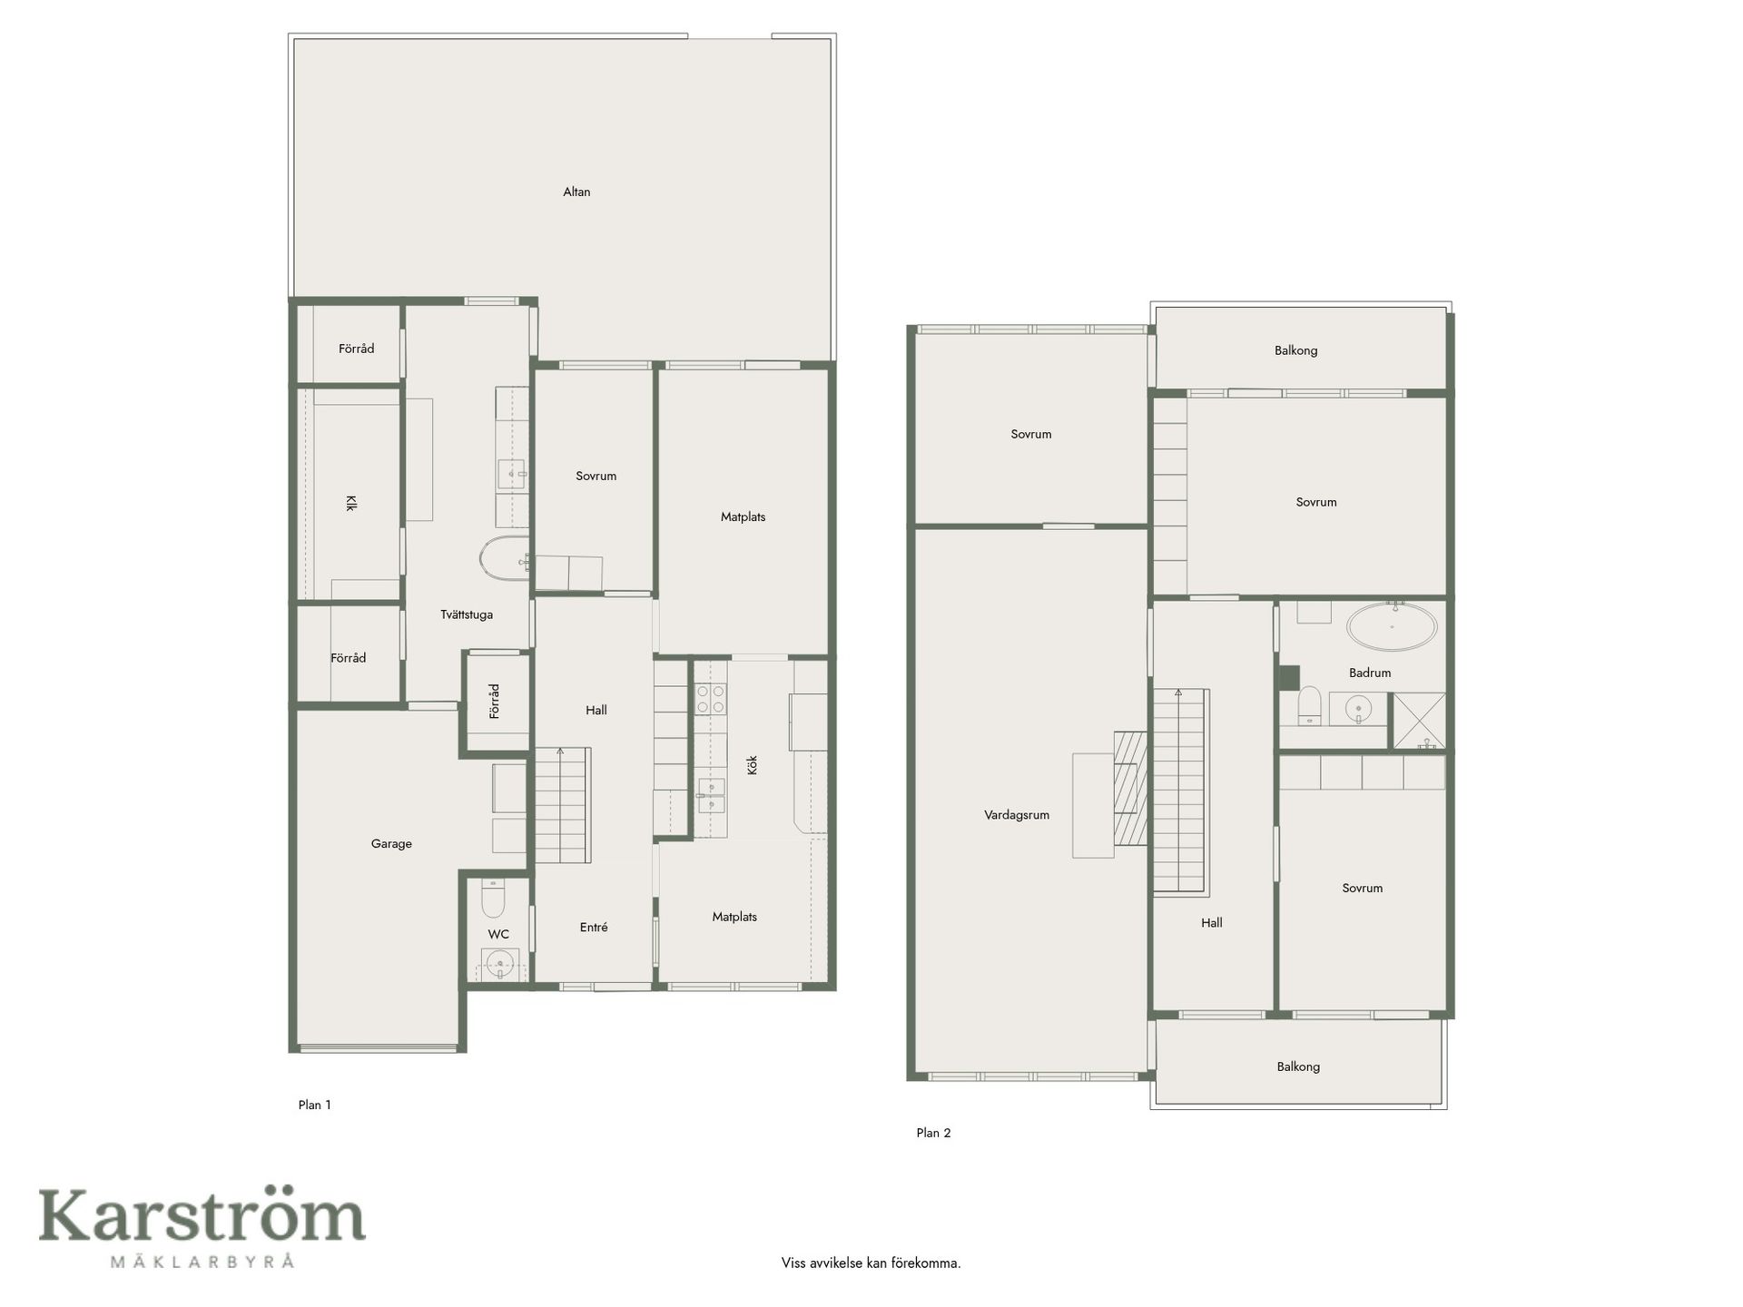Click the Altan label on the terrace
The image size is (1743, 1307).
coord(576,192)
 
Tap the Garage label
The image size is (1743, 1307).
coord(391,844)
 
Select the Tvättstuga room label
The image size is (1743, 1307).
coord(467,614)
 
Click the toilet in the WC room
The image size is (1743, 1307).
coord(492,897)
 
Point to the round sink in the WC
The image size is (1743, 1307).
coord(499,963)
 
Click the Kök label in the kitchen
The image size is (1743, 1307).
coord(752,764)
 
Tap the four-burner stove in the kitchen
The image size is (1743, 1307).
coord(710,699)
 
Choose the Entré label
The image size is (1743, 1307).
coord(594,927)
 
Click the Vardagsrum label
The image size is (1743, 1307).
coord(1017,815)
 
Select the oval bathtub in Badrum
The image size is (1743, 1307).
coord(1392,626)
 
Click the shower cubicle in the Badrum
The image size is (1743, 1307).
coord(1419,721)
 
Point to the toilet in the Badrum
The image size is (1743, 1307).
coord(1309,705)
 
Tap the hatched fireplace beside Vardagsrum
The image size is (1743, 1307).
coord(1131,788)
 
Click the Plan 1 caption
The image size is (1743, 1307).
coord(315,1105)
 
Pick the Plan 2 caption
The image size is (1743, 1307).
coord(933,1133)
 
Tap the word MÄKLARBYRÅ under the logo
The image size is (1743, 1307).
coord(202,1261)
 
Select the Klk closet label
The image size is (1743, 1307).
coord(350,503)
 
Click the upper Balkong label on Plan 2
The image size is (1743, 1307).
coord(1295,350)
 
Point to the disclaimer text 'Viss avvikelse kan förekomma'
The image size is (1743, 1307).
coord(871,1263)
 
